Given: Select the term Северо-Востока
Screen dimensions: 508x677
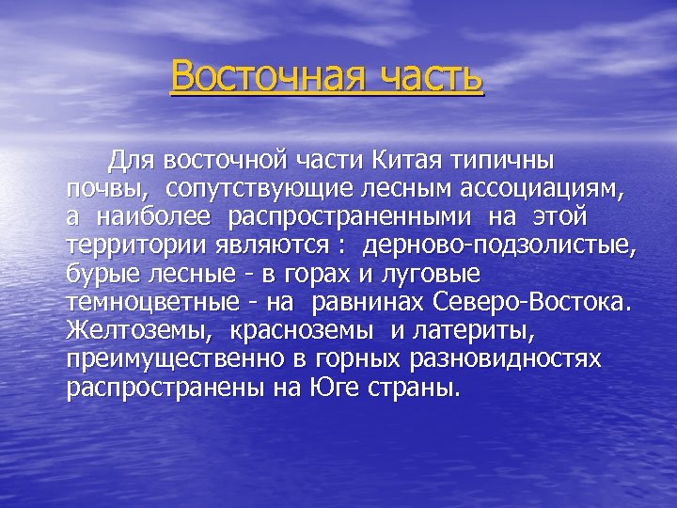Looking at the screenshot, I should (534, 305).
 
